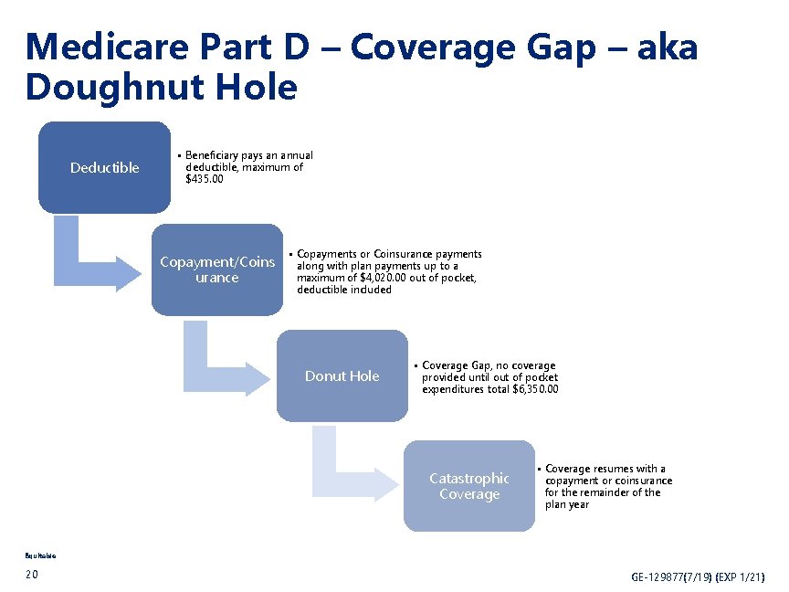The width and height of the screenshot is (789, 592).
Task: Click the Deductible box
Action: point(104,167)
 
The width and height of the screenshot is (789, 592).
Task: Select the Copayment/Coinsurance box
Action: point(217,270)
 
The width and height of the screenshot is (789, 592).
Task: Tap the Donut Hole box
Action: point(342,375)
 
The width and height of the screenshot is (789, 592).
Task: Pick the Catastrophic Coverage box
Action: point(469,486)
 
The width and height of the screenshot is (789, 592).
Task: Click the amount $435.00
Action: point(205,180)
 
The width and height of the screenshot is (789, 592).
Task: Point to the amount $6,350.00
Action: point(535,389)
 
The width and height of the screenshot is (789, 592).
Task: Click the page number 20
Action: point(33,574)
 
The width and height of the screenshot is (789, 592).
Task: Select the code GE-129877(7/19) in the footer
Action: point(672,577)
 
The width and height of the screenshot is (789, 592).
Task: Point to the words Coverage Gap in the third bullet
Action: point(457,365)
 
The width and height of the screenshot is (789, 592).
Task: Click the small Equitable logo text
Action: point(41,554)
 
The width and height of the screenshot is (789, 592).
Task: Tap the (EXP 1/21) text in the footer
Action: point(741,577)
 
